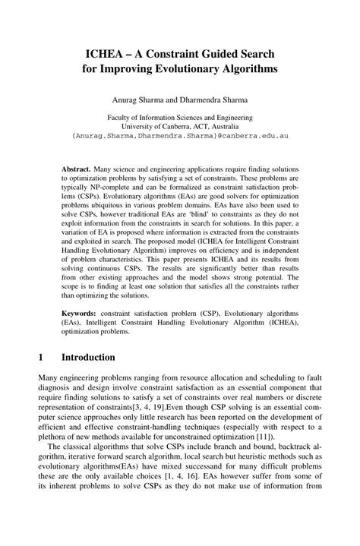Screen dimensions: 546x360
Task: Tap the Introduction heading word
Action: coord(88,357)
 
